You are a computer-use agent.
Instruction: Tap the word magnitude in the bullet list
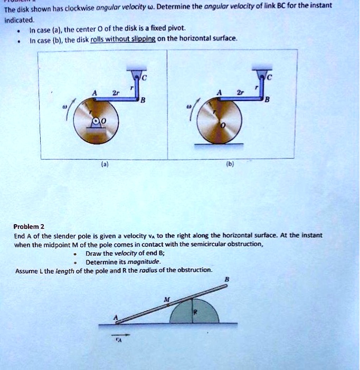tap(143, 261)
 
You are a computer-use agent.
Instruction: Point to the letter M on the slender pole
tap(167, 299)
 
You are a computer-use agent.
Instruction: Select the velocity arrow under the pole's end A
tap(119, 334)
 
